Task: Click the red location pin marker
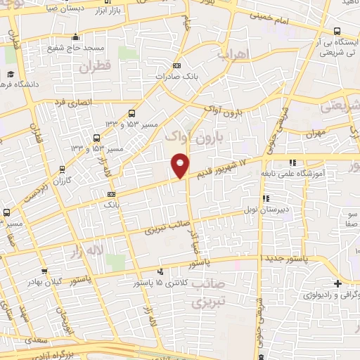click(x=180, y=165)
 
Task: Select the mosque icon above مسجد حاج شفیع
click(x=76, y=37)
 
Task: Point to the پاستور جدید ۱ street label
click(x=289, y=259)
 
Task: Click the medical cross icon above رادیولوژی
click(x=338, y=283)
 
